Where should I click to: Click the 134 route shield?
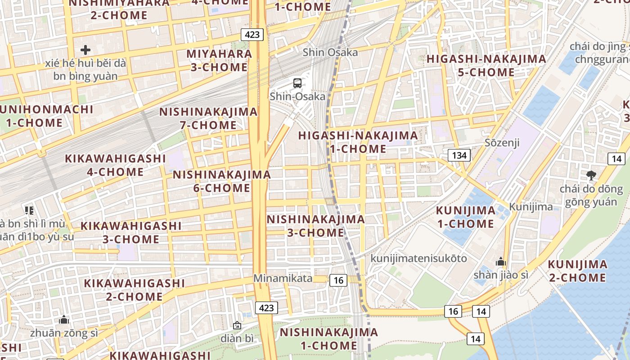pos(459,156)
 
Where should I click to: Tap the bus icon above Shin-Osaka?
pos(297,83)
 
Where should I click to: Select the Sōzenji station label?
pos(502,143)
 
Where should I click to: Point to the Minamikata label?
pos(283,278)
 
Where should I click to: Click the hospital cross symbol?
pos(85,49)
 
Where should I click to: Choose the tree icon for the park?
pos(591,175)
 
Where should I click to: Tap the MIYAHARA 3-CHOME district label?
pos(219,60)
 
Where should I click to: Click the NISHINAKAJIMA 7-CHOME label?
pos(208,118)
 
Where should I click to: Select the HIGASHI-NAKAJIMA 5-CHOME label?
pos(486,65)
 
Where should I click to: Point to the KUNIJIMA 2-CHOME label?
pos(577,270)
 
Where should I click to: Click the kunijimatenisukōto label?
pos(418,258)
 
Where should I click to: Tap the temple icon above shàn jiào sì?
pos(500,261)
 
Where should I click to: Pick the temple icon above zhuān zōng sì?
pos(64,319)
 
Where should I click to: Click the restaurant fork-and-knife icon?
pos(29,210)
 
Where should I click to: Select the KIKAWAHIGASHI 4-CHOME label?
pos(116,165)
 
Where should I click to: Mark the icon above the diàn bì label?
pos(237,325)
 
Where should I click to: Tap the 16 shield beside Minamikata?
pos(338,280)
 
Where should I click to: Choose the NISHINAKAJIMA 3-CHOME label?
pos(315,226)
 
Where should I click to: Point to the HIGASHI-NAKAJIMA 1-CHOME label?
pos(358,142)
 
